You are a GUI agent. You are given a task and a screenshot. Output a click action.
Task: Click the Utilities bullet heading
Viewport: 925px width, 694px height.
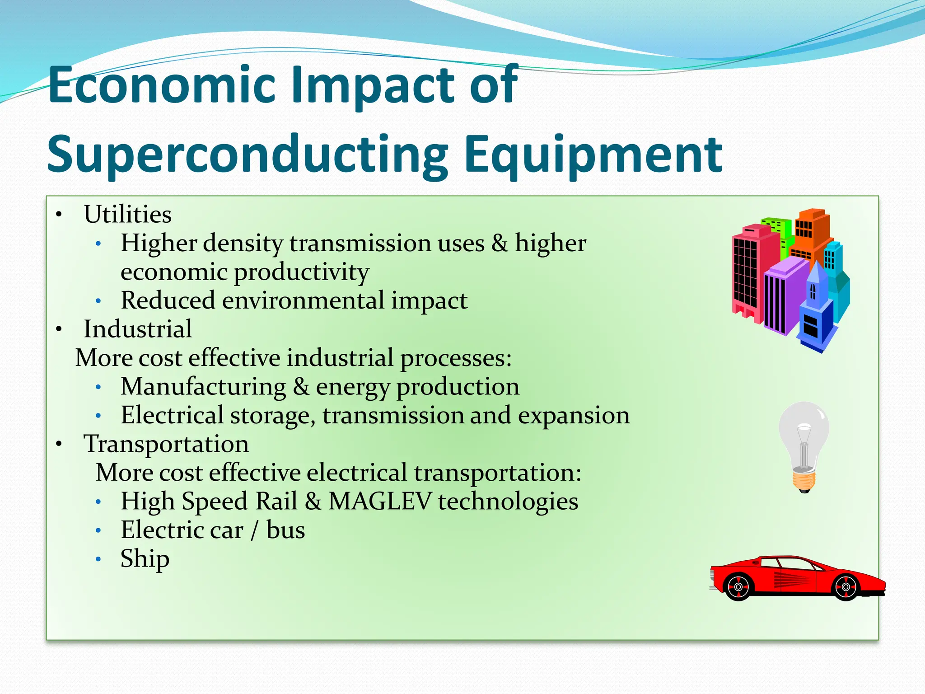127,214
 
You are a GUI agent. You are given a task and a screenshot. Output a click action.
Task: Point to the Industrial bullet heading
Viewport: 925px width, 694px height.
138,329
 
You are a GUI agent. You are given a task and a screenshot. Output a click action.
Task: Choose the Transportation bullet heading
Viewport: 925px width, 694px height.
166,444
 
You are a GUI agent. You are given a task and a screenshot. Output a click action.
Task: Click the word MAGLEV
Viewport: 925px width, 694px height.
380,501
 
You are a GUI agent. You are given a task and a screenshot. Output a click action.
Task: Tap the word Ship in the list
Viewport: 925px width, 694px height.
145,559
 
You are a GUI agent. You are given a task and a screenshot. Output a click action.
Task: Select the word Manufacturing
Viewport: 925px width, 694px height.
203,387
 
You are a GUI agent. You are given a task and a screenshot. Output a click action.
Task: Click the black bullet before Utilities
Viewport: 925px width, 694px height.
59,215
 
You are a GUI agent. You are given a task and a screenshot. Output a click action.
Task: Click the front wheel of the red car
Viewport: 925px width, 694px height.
846,587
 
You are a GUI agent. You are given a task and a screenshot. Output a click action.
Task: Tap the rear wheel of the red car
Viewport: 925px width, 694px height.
738,587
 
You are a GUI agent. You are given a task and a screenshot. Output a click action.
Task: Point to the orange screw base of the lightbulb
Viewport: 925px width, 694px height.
804,481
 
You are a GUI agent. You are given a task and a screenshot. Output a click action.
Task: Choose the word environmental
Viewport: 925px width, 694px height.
302,301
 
